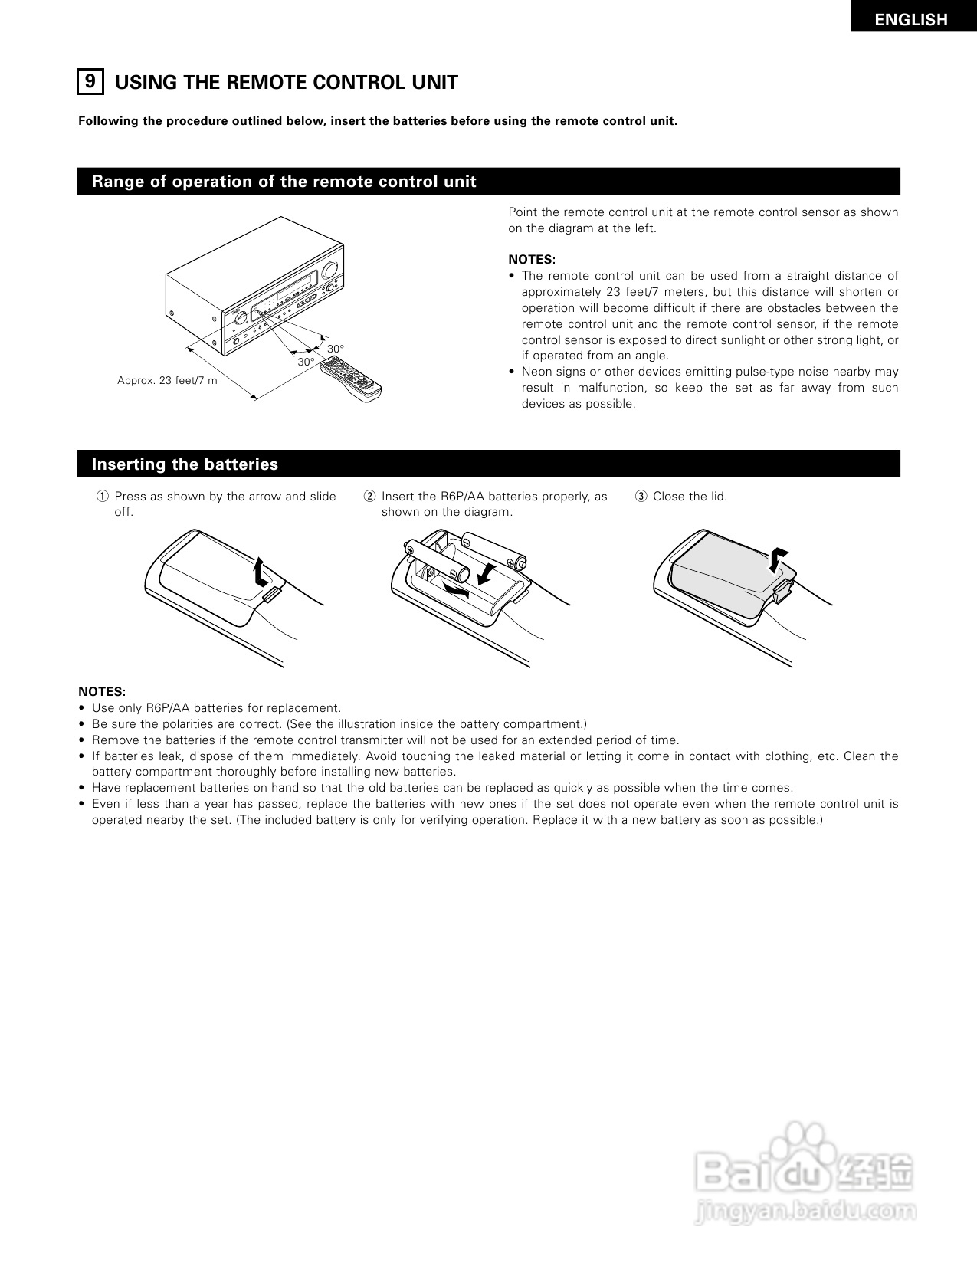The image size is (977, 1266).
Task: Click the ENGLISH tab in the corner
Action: click(911, 19)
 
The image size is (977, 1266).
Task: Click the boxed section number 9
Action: click(90, 81)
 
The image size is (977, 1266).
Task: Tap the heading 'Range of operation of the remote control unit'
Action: click(284, 182)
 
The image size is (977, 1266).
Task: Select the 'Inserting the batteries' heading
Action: click(185, 464)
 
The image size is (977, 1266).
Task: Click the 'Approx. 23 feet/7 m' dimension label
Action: click(167, 380)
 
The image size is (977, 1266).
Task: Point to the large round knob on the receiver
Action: click(331, 270)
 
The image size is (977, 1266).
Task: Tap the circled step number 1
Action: click(102, 497)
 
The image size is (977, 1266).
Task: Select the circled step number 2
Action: click(369, 497)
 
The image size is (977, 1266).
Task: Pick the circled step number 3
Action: click(641, 497)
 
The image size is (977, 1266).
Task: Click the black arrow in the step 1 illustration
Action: click(261, 571)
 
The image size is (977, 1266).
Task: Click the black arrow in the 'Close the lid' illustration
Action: click(779, 558)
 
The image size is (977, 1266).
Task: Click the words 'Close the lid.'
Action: click(690, 497)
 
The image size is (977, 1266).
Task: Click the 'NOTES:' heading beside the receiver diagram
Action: click(531, 260)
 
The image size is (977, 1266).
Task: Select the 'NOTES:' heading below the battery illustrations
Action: click(101, 691)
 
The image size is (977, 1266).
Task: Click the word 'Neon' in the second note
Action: click(535, 372)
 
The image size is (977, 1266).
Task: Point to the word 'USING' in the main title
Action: click(145, 83)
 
